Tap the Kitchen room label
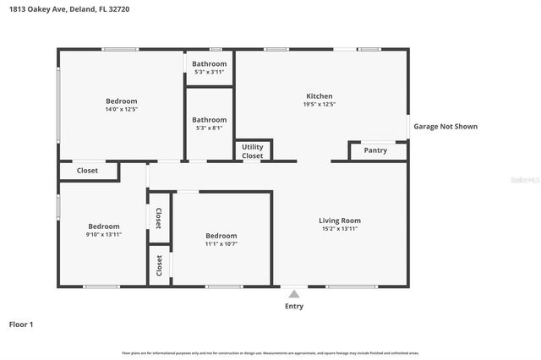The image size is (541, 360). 319,96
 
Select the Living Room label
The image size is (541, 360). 340,221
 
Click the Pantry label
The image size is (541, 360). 375,150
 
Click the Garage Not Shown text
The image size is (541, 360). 445,127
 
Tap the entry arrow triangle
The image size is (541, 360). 293,294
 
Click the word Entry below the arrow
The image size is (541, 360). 293,307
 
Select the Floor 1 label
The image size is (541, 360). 21,325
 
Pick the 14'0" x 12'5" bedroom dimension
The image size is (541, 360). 121,109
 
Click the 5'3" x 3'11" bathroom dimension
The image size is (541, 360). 209,72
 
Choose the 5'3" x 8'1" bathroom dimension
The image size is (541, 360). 209,128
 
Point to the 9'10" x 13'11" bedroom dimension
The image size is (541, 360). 104,234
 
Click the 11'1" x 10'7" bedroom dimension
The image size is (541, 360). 221,244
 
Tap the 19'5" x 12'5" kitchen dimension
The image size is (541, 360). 319,105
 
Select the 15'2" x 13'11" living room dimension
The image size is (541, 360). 340,229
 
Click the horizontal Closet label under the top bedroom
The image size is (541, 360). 87,171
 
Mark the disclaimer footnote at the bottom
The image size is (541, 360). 270,352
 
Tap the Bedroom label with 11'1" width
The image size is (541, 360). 221,236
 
